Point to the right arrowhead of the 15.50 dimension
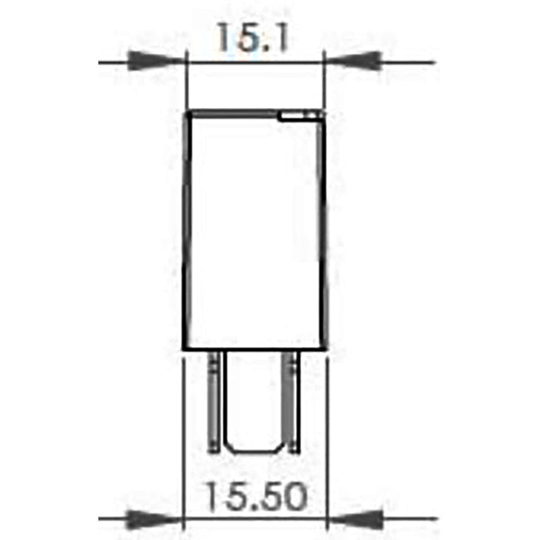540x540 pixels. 352,519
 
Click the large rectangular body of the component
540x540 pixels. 253,230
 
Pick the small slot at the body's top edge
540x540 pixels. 298,115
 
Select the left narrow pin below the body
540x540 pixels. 214,400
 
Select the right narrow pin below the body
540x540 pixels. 292,400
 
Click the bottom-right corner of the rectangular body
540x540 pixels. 323,349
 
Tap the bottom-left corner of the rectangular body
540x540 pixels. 184,349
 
